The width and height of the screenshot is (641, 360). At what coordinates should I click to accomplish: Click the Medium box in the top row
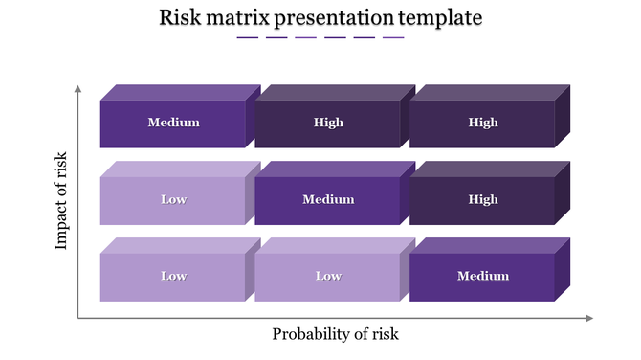pos(173,123)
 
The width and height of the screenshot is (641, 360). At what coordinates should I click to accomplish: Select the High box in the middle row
pos(482,200)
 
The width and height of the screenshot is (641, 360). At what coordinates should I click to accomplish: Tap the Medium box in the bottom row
pos(482,277)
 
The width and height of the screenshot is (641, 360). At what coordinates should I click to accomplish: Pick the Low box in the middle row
pos(173,200)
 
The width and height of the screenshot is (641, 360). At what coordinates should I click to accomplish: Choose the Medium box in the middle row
pos(328,200)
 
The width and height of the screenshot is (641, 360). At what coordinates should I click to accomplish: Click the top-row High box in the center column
pos(328,123)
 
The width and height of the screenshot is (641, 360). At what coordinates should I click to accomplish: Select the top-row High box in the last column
pos(482,123)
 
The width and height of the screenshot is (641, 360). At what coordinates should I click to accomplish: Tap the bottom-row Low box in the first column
pos(173,277)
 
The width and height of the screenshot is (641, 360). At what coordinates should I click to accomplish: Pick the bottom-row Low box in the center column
pos(328,277)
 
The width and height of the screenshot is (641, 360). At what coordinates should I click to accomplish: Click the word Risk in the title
pos(179,17)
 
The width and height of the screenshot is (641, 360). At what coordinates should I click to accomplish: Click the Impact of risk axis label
pos(62,200)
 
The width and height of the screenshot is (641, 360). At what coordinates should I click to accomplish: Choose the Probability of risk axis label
pos(335,334)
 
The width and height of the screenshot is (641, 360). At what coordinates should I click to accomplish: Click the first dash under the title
pos(247,38)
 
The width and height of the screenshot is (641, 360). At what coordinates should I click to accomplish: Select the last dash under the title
pos(393,38)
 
